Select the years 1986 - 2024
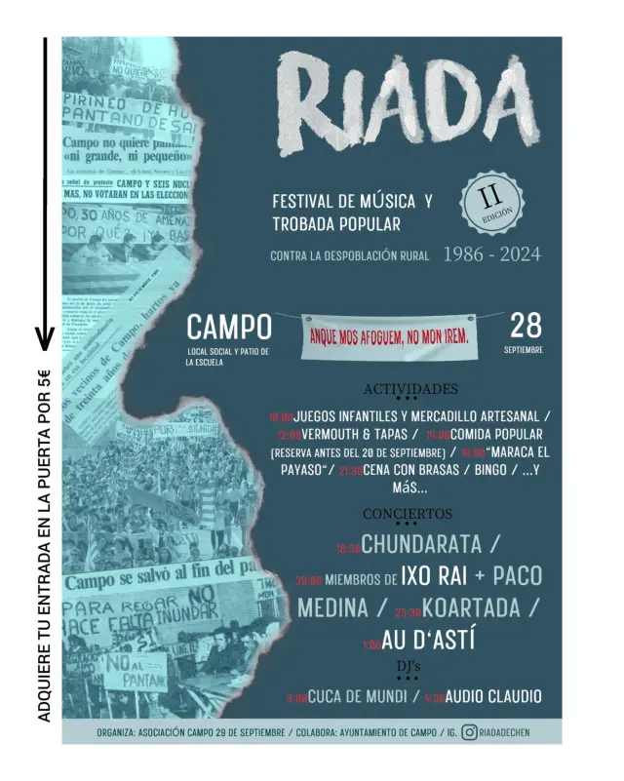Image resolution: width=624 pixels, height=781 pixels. click(491, 255)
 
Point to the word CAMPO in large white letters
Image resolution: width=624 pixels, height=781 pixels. click(228, 327)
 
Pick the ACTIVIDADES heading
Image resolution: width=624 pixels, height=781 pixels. click(409, 388)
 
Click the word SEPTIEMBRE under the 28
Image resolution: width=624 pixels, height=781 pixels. click(525, 349)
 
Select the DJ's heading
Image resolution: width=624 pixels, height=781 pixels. click(408, 665)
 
